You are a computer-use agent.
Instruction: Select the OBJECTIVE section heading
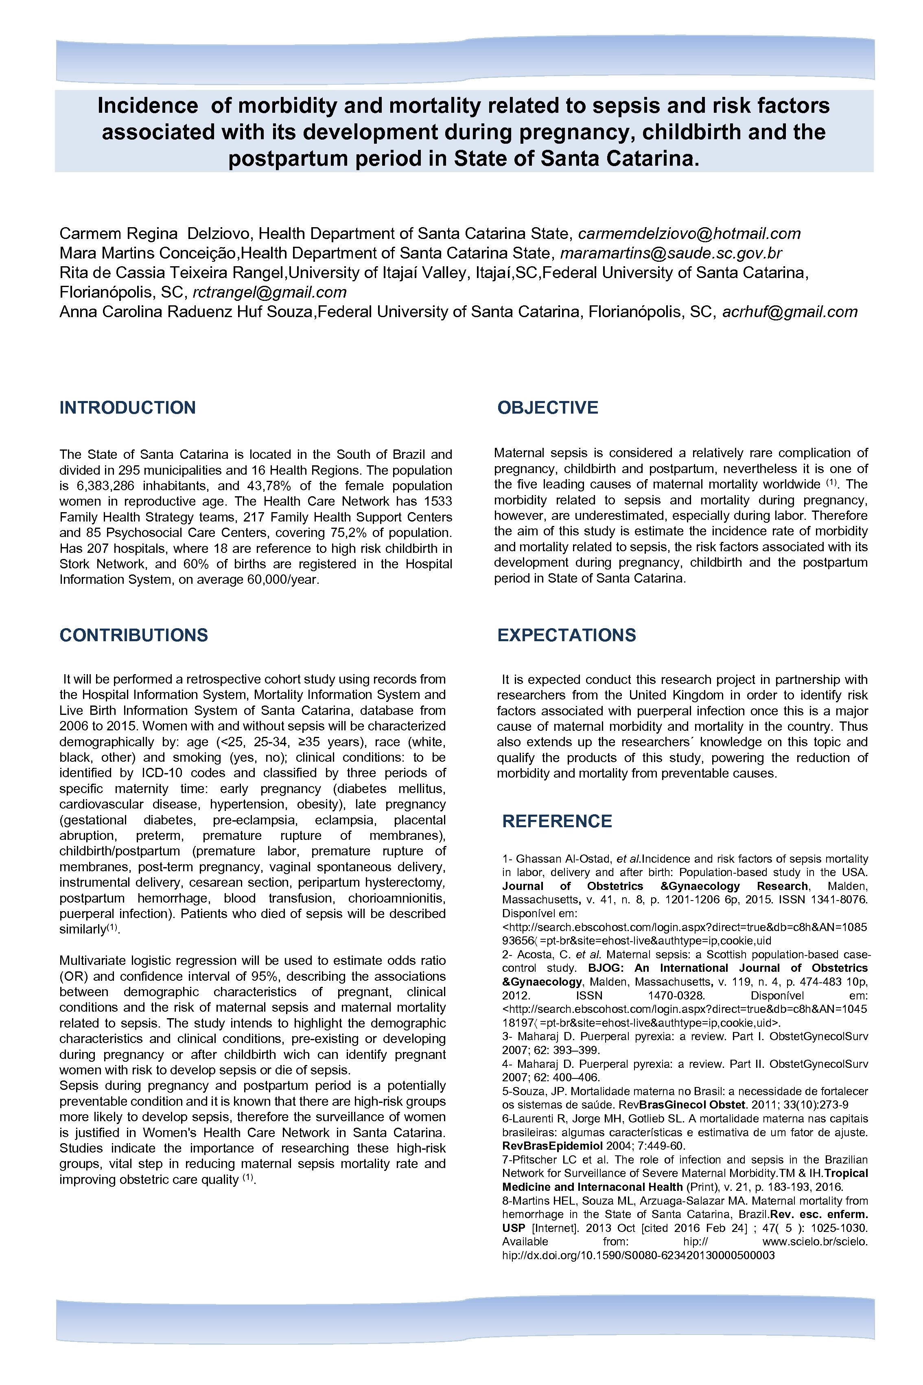click(547, 408)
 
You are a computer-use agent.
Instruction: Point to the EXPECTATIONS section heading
click(566, 635)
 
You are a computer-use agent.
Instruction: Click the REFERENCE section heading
click(557, 821)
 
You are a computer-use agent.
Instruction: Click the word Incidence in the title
click(148, 106)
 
